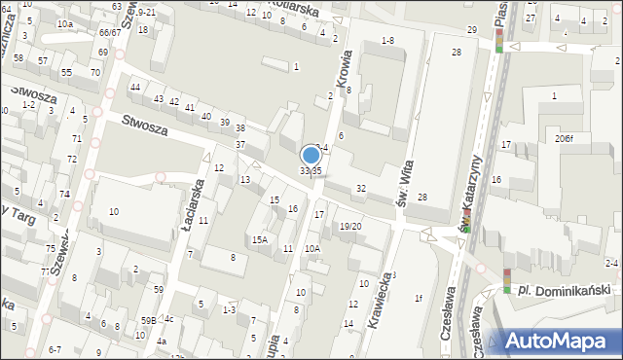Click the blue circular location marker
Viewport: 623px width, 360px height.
(x=311, y=155)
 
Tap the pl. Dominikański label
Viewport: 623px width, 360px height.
(x=564, y=290)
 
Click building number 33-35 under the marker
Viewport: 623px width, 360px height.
(x=311, y=171)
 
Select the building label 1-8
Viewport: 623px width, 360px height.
(x=387, y=40)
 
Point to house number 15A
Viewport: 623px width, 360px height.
(x=259, y=239)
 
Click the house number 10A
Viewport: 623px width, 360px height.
(x=311, y=248)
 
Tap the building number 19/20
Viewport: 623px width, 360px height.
(x=350, y=226)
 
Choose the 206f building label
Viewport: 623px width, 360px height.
(x=565, y=138)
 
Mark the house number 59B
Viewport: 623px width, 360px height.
(x=148, y=320)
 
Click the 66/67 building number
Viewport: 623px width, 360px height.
(x=110, y=32)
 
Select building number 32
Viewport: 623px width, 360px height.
(x=360, y=188)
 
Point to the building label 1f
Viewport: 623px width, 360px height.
(x=419, y=298)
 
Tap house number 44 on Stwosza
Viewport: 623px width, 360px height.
(x=135, y=88)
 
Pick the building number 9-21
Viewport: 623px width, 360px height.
(x=147, y=12)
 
